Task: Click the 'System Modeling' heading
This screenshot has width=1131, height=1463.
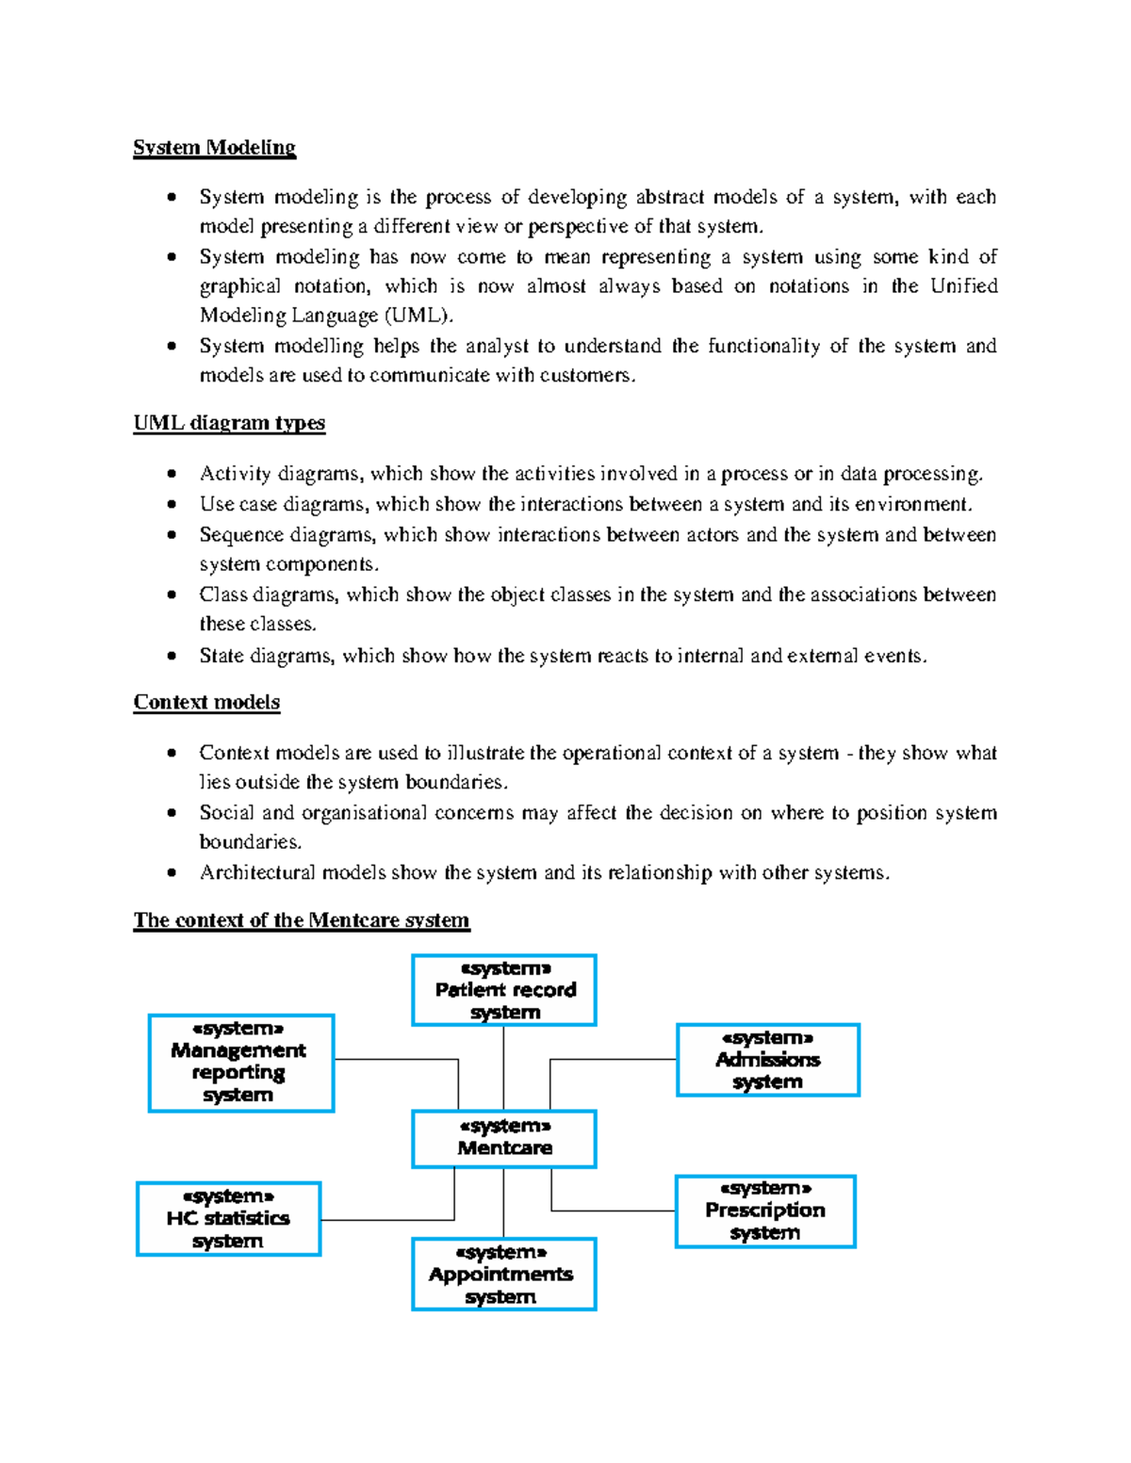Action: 214,147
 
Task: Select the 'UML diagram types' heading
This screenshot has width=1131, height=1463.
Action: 229,423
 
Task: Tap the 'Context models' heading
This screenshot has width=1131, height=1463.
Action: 206,702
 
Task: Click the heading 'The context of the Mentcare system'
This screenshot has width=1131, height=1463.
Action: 301,919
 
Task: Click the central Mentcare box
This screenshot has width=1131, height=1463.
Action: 504,1138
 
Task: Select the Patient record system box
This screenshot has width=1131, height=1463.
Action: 504,989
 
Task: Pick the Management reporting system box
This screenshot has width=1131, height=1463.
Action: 241,1063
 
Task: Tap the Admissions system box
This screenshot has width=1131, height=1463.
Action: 767,1060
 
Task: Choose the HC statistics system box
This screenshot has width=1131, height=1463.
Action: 228,1218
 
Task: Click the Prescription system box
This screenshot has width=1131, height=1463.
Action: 764,1211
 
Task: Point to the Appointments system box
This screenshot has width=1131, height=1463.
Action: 503,1274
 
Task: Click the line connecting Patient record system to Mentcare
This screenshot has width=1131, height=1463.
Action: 503,1067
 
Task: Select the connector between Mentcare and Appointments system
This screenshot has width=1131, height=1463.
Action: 503,1203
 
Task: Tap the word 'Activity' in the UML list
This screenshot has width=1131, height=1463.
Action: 234,473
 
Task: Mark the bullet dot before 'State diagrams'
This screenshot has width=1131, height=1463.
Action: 172,656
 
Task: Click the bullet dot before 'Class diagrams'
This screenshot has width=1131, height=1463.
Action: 172,594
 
